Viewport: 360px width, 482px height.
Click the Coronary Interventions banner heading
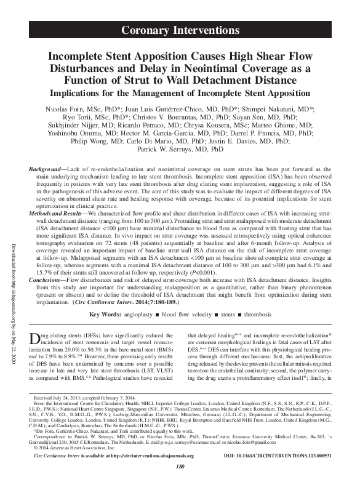pyautogui.click(x=180, y=30)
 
